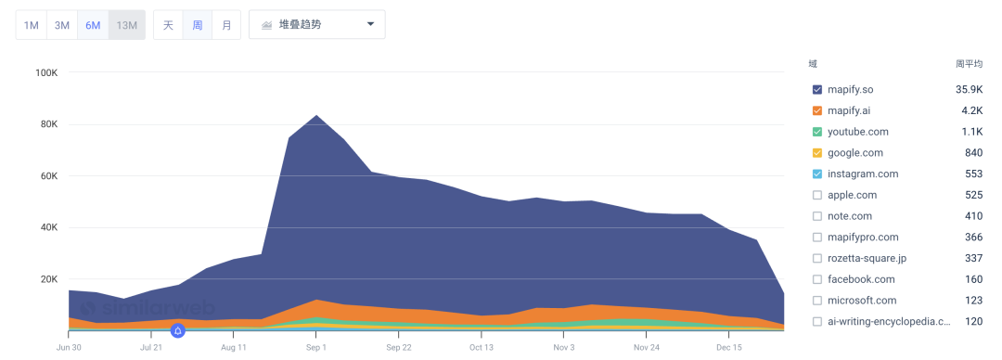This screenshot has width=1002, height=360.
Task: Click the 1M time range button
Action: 32,25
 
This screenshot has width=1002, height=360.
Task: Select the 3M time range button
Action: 62,25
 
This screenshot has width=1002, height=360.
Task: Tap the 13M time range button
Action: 126,25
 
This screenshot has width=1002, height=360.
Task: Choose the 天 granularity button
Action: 168,25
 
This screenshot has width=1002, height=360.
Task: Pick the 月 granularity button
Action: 226,25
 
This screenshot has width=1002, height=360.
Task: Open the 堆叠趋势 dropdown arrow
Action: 370,24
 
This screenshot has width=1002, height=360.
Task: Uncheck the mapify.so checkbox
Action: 817,89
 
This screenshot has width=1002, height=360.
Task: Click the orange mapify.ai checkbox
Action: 817,110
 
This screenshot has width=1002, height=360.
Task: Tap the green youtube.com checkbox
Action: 817,132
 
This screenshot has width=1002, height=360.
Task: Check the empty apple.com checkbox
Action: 817,195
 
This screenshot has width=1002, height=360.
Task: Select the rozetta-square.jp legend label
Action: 867,258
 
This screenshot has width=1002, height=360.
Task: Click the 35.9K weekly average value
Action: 969,89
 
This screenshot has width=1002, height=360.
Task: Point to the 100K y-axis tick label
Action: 46,73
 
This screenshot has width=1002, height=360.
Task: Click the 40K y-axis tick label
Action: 48,227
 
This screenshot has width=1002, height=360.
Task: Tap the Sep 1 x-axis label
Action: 315,347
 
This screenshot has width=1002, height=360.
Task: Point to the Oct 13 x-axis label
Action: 482,347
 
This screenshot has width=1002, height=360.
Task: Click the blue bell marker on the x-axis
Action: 177,330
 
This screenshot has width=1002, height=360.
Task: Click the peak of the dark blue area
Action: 315,116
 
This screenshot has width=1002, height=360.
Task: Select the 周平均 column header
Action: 969,64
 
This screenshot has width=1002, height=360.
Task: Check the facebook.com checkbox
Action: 817,279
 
